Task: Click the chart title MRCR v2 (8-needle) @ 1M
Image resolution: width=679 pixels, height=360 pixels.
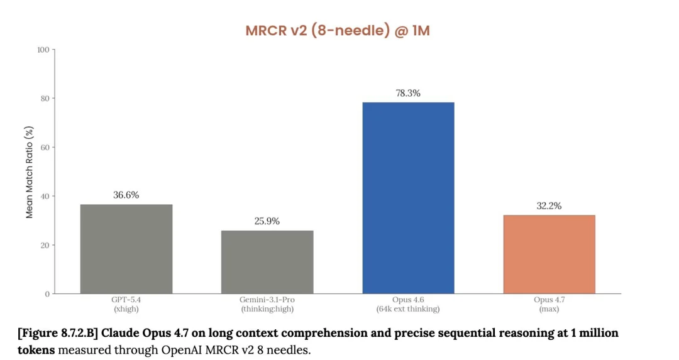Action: (338, 30)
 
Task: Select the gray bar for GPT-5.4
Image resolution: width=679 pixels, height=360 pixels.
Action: (126, 249)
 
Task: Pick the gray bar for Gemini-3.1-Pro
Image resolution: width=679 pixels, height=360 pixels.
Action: (267, 262)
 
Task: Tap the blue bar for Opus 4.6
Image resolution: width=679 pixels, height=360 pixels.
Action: (408, 198)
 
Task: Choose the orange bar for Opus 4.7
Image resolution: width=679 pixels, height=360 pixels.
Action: (549, 254)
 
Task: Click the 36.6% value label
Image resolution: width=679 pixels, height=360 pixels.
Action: (126, 195)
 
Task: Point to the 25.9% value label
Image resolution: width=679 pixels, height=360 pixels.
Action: (267, 221)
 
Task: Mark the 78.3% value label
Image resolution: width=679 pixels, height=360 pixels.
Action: (408, 93)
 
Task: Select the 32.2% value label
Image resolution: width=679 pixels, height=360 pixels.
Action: (549, 205)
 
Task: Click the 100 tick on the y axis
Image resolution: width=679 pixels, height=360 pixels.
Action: (43, 50)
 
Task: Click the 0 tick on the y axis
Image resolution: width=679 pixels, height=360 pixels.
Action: (47, 294)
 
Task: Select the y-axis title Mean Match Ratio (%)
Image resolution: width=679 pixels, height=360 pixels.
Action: (30, 172)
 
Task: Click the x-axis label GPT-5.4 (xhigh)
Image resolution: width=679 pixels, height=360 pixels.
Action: (126, 304)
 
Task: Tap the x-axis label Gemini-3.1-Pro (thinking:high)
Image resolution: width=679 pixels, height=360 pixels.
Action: (267, 304)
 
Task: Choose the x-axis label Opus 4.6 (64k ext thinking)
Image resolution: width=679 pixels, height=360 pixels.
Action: (408, 304)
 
